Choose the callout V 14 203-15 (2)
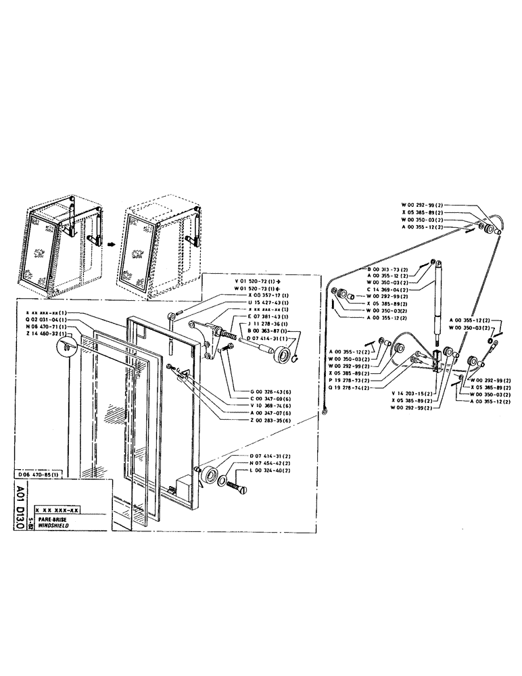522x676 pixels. pos(412,392)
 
